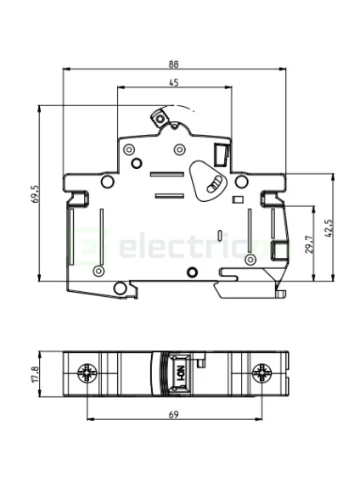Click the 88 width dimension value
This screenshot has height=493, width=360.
173,64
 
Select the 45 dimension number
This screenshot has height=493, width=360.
173,82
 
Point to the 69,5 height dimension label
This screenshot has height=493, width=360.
35,194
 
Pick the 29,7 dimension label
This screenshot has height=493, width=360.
310,244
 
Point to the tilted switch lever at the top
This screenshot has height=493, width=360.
159,116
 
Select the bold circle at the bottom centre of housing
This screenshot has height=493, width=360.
191,272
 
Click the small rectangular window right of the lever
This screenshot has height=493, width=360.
220,154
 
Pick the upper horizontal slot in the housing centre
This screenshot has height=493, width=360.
166,175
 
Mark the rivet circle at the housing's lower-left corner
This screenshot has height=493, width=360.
98,271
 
